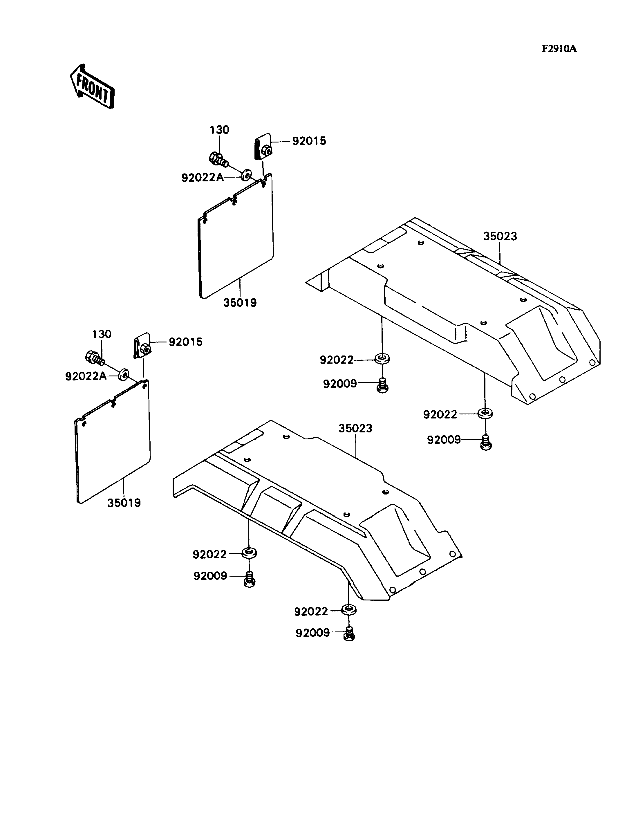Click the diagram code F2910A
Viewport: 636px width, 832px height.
559,49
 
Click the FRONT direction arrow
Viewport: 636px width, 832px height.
92,86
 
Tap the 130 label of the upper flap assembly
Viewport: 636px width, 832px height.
220,130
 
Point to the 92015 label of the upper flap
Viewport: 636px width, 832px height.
309,141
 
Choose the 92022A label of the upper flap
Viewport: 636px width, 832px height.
202,178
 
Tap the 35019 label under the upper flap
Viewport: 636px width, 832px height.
240,303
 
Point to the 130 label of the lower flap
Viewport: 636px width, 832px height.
102,334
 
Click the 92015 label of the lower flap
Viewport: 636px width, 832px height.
185,342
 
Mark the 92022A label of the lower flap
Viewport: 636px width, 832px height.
86,376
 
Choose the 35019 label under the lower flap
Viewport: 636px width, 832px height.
124,503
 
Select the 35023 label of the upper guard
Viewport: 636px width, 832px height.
500,236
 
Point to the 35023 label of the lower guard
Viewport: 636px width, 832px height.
355,428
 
